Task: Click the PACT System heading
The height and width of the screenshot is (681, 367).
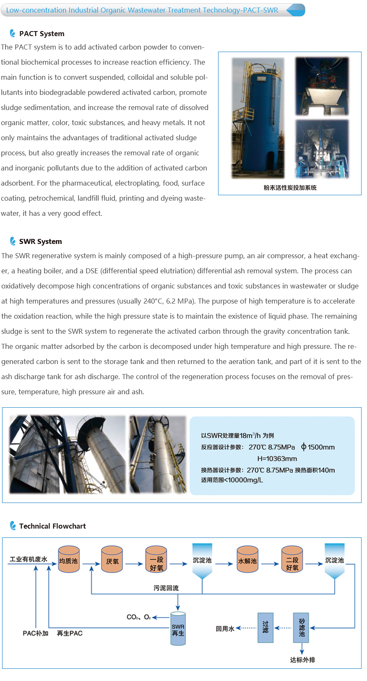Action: tap(42, 34)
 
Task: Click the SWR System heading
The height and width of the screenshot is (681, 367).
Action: tap(40, 241)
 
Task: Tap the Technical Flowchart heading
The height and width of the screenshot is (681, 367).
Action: tap(52, 526)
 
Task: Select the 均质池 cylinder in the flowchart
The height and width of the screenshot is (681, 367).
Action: tap(68, 560)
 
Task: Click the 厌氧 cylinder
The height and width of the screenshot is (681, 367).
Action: tap(112, 560)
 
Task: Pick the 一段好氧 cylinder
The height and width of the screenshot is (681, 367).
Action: tap(156, 560)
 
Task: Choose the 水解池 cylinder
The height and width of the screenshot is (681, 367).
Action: tap(247, 560)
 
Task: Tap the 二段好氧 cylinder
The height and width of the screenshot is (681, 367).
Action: tap(292, 560)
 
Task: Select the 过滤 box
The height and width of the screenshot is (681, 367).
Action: tap(265, 628)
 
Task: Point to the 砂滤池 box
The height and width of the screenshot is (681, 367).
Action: tap(302, 628)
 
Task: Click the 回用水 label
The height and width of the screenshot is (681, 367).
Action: tap(225, 629)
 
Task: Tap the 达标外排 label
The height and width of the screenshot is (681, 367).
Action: tap(302, 660)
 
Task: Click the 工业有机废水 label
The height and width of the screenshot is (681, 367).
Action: tap(29, 559)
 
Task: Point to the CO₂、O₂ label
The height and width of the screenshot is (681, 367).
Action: tap(138, 617)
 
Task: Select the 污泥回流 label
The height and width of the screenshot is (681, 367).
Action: tap(166, 588)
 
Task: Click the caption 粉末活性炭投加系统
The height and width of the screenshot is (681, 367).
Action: tap(290, 188)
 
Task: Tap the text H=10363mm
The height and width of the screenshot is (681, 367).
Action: tap(277, 458)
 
